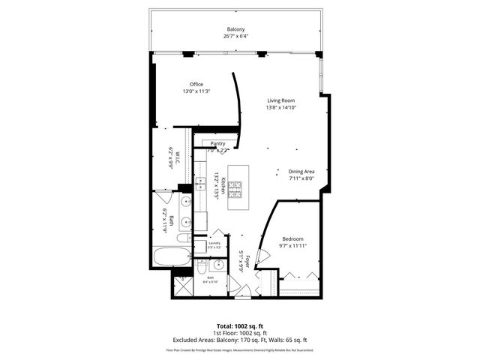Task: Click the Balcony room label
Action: pyautogui.click(x=236, y=29)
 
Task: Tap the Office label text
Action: pyautogui.click(x=196, y=84)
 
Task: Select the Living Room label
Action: pyautogui.click(x=281, y=100)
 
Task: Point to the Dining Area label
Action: pyautogui.click(x=301, y=172)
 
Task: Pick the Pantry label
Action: pyautogui.click(x=218, y=143)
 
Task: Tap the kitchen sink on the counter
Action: pyautogui.click(x=199, y=184)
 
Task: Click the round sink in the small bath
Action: pyautogui.click(x=217, y=265)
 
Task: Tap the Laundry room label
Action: pyautogui.click(x=214, y=243)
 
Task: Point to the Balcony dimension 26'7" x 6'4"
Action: pyautogui.click(x=236, y=37)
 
